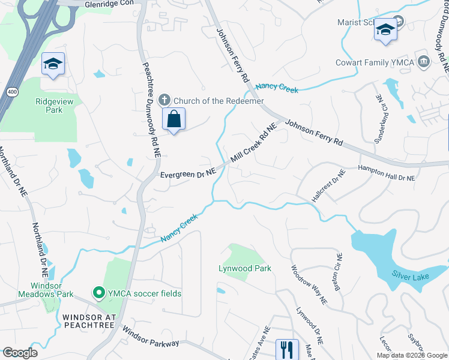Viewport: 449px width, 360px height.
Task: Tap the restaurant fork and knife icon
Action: coord(286,349)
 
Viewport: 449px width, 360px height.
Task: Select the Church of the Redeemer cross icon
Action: coord(165,100)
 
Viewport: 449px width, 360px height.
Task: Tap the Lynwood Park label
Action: coord(245,268)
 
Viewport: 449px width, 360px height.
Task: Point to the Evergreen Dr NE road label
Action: coord(188,174)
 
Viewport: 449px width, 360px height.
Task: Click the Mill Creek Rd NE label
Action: coord(253,145)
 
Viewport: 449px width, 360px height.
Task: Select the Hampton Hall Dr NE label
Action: coord(387,174)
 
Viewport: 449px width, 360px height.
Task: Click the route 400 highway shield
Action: coord(11,92)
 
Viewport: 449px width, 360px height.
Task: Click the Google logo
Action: coord(19,353)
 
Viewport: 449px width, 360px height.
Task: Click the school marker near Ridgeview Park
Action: coord(53,64)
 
